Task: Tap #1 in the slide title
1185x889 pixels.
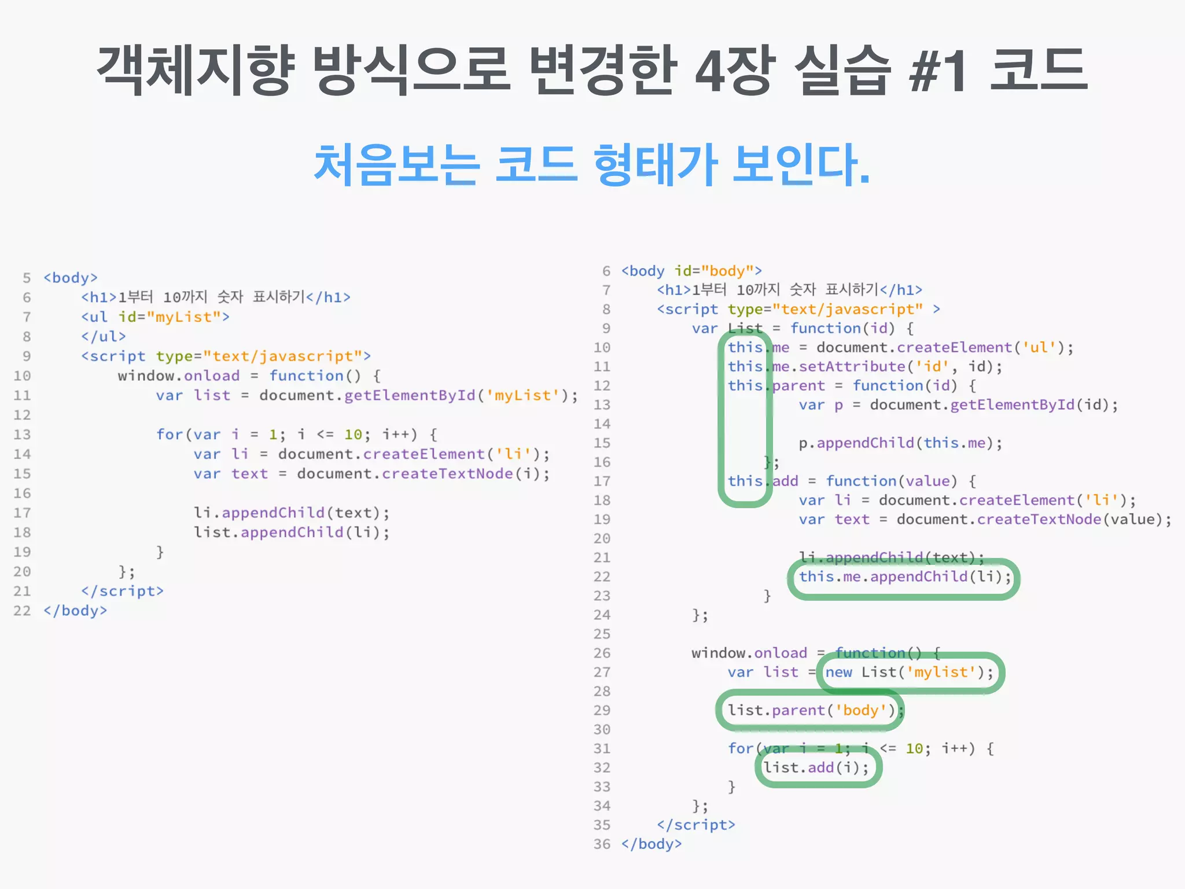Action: click(938, 71)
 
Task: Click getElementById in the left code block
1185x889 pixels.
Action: click(410, 395)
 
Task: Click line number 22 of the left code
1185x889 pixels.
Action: click(22, 611)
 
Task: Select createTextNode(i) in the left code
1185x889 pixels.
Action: click(465, 473)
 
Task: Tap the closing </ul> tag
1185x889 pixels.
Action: click(104, 336)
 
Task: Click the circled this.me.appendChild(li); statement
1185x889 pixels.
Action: click(904, 576)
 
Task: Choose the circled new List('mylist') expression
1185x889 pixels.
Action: click(908, 672)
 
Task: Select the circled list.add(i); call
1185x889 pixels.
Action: click(816, 767)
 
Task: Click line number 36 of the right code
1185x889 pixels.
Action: click(602, 844)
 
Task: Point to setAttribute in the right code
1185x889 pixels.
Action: click(852, 366)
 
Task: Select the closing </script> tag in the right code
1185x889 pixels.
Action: click(696, 825)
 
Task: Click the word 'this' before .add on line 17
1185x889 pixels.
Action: click(745, 481)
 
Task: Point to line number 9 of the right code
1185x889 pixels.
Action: click(606, 328)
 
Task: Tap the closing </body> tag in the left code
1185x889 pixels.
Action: click(75, 611)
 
